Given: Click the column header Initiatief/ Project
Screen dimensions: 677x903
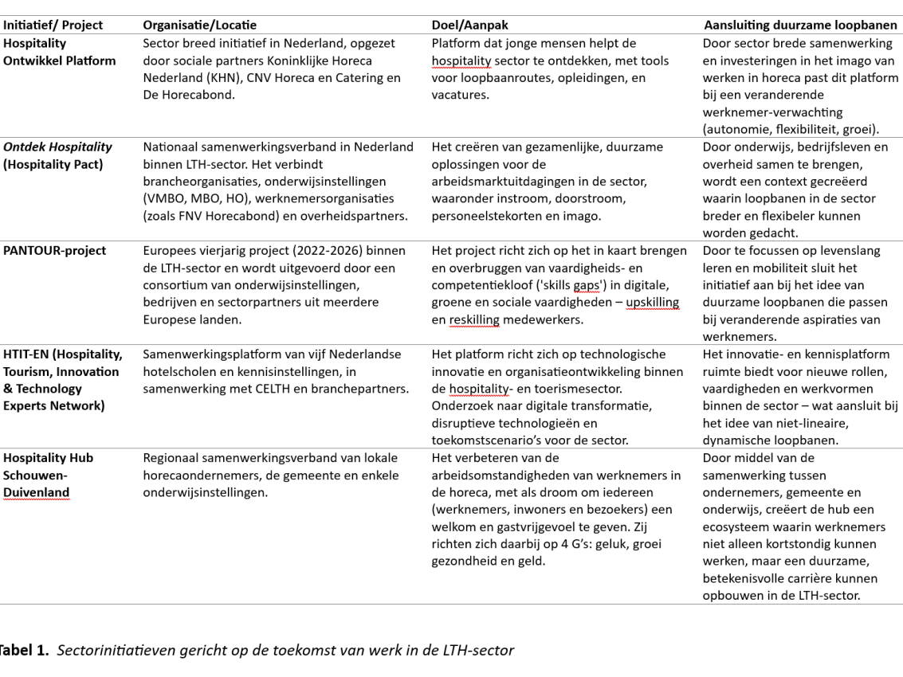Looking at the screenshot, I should click(x=52, y=25).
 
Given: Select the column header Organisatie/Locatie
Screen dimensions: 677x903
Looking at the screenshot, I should click(x=199, y=25).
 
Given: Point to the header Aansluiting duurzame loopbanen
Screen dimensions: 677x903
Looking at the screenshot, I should click(x=800, y=25).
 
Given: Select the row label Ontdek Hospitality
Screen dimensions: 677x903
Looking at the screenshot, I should click(x=57, y=147).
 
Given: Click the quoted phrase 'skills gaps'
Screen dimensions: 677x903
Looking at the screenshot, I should click(x=578, y=285).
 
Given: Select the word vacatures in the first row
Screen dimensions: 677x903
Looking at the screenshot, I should click(x=458, y=96).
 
